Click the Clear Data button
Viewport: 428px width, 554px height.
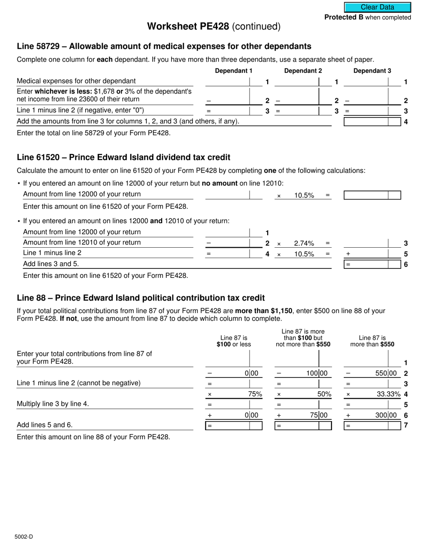click(378, 7)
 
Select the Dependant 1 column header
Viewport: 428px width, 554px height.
click(233, 71)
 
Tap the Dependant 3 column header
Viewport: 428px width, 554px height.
click(372, 71)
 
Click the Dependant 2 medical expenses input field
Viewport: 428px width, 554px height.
click(296, 82)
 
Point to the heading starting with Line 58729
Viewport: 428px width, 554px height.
click(164, 46)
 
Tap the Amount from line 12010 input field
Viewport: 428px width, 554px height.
click(228, 243)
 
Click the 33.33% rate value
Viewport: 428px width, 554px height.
click(388, 394)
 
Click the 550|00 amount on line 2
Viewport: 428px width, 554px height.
click(386, 373)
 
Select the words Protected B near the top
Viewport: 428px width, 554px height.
click(344, 18)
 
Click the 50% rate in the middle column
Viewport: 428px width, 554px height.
click(324, 394)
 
